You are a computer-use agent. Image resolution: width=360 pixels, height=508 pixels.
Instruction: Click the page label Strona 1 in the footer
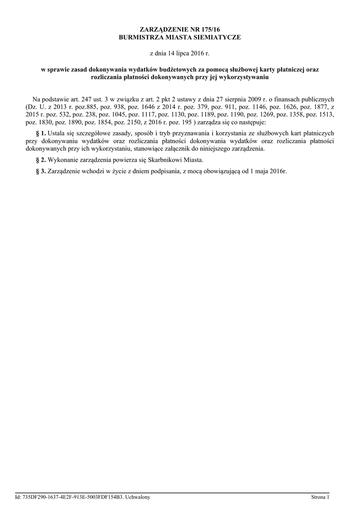point(320,497)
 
